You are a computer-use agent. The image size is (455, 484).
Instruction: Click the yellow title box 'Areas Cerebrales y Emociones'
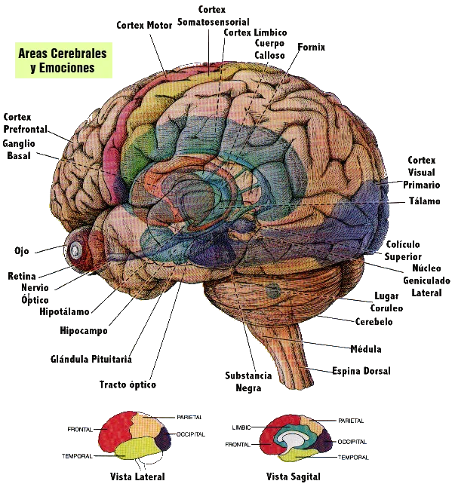(x=63, y=60)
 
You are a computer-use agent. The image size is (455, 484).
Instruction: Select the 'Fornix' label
(x=310, y=47)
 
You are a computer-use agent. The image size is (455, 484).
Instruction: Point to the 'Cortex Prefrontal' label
(x=26, y=123)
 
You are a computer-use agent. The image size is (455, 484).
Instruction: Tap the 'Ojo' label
(x=21, y=250)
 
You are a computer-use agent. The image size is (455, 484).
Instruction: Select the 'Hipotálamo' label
(x=63, y=311)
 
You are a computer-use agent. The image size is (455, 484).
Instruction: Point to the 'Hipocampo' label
(x=84, y=330)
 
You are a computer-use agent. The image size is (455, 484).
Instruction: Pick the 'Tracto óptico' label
(x=126, y=384)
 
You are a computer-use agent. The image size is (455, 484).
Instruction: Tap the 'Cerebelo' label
(x=374, y=321)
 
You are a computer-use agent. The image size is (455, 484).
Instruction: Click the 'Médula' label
(x=367, y=348)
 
